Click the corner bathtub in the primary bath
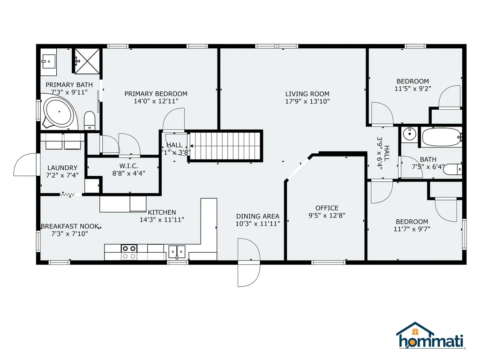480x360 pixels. pos(60,112)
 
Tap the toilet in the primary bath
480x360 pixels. pos(90,120)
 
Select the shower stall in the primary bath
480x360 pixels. pos(87,61)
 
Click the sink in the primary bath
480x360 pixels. pos(48,62)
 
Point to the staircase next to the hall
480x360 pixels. pos(225,146)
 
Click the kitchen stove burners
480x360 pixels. pos(129,252)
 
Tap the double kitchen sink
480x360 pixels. pos(177,252)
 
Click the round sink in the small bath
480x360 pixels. pos(409,134)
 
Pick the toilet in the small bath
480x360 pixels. pos(452,169)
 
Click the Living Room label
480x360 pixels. pos(307,94)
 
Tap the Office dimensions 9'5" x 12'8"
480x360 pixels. pos(327,216)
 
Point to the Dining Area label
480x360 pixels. pos(258,216)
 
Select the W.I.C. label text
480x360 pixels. pos(128,166)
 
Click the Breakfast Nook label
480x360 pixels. pos(70,226)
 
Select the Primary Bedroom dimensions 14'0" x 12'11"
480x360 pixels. pos(156,101)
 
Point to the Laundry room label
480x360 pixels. pos(62,168)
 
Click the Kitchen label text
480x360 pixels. pos(162,212)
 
